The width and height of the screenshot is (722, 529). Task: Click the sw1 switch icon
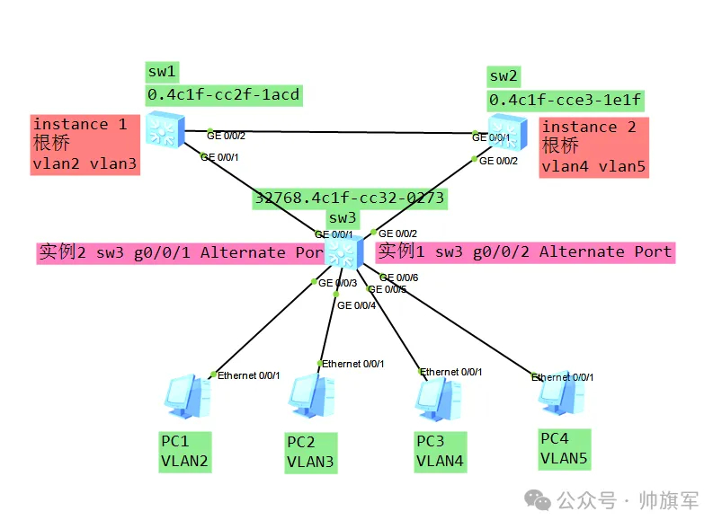(165, 128)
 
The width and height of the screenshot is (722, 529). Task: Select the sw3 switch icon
(343, 251)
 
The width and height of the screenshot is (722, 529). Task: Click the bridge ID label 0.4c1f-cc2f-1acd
(223, 93)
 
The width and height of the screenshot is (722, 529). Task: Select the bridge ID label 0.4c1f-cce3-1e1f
(565, 99)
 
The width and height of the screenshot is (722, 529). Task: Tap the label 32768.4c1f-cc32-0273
(349, 198)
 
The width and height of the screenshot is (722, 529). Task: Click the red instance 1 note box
(85, 144)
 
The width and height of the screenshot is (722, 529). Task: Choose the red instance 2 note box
(593, 146)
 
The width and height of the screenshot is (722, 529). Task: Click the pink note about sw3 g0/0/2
(524, 251)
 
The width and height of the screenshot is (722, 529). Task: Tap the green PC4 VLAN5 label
(564, 448)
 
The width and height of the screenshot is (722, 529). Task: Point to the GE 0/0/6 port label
(398, 278)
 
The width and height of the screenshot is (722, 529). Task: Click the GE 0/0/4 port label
(356, 305)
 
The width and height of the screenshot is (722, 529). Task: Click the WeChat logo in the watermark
(539, 500)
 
